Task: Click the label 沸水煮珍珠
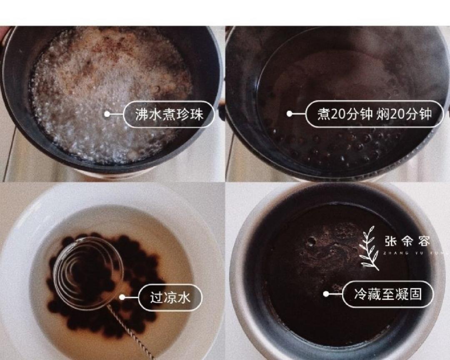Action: (169, 114)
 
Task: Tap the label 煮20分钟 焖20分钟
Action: (374, 114)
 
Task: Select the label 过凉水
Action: (170, 297)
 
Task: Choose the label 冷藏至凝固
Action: (387, 294)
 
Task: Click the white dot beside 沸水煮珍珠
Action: (107, 114)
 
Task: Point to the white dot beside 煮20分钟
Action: (289, 114)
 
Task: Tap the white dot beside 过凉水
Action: (122, 297)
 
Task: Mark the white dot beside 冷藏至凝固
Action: (326, 294)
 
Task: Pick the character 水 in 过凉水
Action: (183, 297)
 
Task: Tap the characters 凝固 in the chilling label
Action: (410, 294)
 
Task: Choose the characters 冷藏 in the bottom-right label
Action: (365, 294)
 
